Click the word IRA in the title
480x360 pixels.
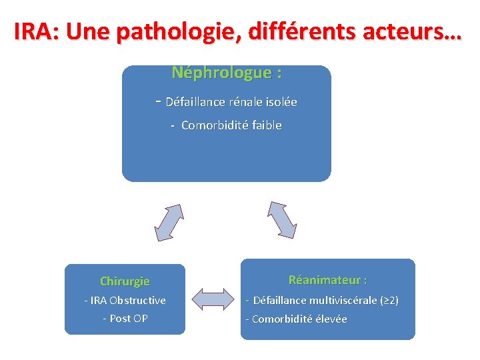pos(35,31)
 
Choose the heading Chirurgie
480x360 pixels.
pos(125,281)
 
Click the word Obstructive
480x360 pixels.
pos(137,301)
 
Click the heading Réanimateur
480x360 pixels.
pos(327,280)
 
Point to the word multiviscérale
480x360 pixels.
pos(342,301)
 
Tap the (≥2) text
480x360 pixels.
pos(389,301)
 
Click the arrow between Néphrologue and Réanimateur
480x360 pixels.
pos(282,219)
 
